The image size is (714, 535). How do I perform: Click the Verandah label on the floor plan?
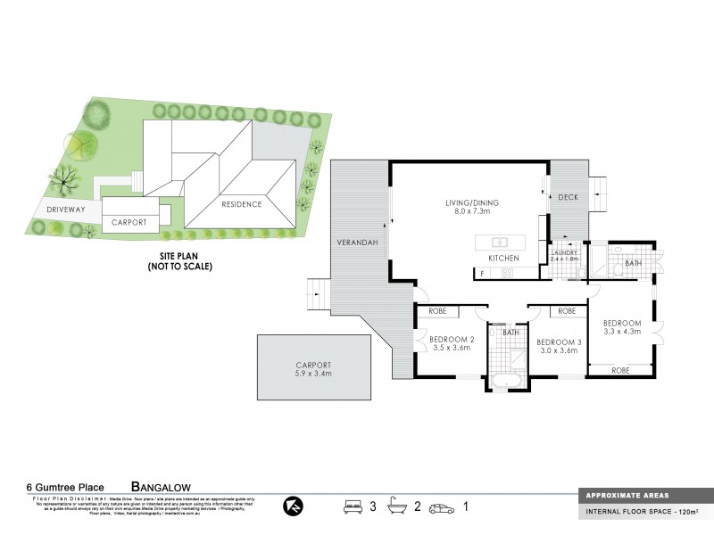click(354, 243)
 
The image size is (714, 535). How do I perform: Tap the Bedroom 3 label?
click(559, 342)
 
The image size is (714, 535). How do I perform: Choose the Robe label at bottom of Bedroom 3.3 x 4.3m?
click(620, 368)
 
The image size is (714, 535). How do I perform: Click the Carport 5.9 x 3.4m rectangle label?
click(313, 369)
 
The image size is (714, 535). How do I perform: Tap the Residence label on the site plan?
click(236, 204)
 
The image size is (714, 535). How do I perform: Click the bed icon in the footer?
click(354, 506)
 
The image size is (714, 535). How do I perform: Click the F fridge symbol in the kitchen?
click(483, 274)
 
